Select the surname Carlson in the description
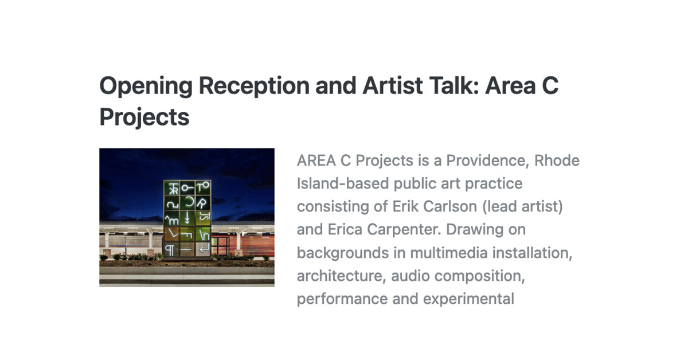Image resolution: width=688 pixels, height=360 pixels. point(450,206)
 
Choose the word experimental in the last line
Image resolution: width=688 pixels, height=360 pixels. point(468,299)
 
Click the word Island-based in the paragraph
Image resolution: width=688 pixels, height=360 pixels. point(343,183)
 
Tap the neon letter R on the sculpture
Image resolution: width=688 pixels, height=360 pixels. point(202,203)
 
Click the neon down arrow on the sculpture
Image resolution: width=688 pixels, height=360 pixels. point(187,218)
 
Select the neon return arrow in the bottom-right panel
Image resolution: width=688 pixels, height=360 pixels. point(204,248)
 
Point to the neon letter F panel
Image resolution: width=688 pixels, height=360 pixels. point(187,234)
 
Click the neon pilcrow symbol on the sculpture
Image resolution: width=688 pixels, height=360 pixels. point(170,250)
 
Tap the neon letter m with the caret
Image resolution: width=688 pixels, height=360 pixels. point(171,220)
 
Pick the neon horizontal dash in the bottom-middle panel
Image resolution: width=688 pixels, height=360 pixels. point(186,249)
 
